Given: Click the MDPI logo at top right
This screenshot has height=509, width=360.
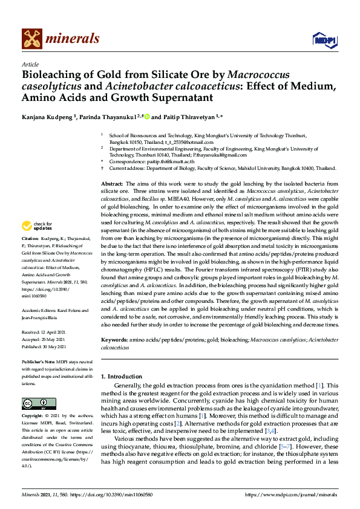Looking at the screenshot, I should tap(324, 39).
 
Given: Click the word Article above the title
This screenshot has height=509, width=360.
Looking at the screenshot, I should tap(30, 64).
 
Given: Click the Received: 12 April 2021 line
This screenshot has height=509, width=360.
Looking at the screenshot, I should tap(45, 332).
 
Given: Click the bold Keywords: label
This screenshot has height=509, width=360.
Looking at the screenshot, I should tap(114, 342).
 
